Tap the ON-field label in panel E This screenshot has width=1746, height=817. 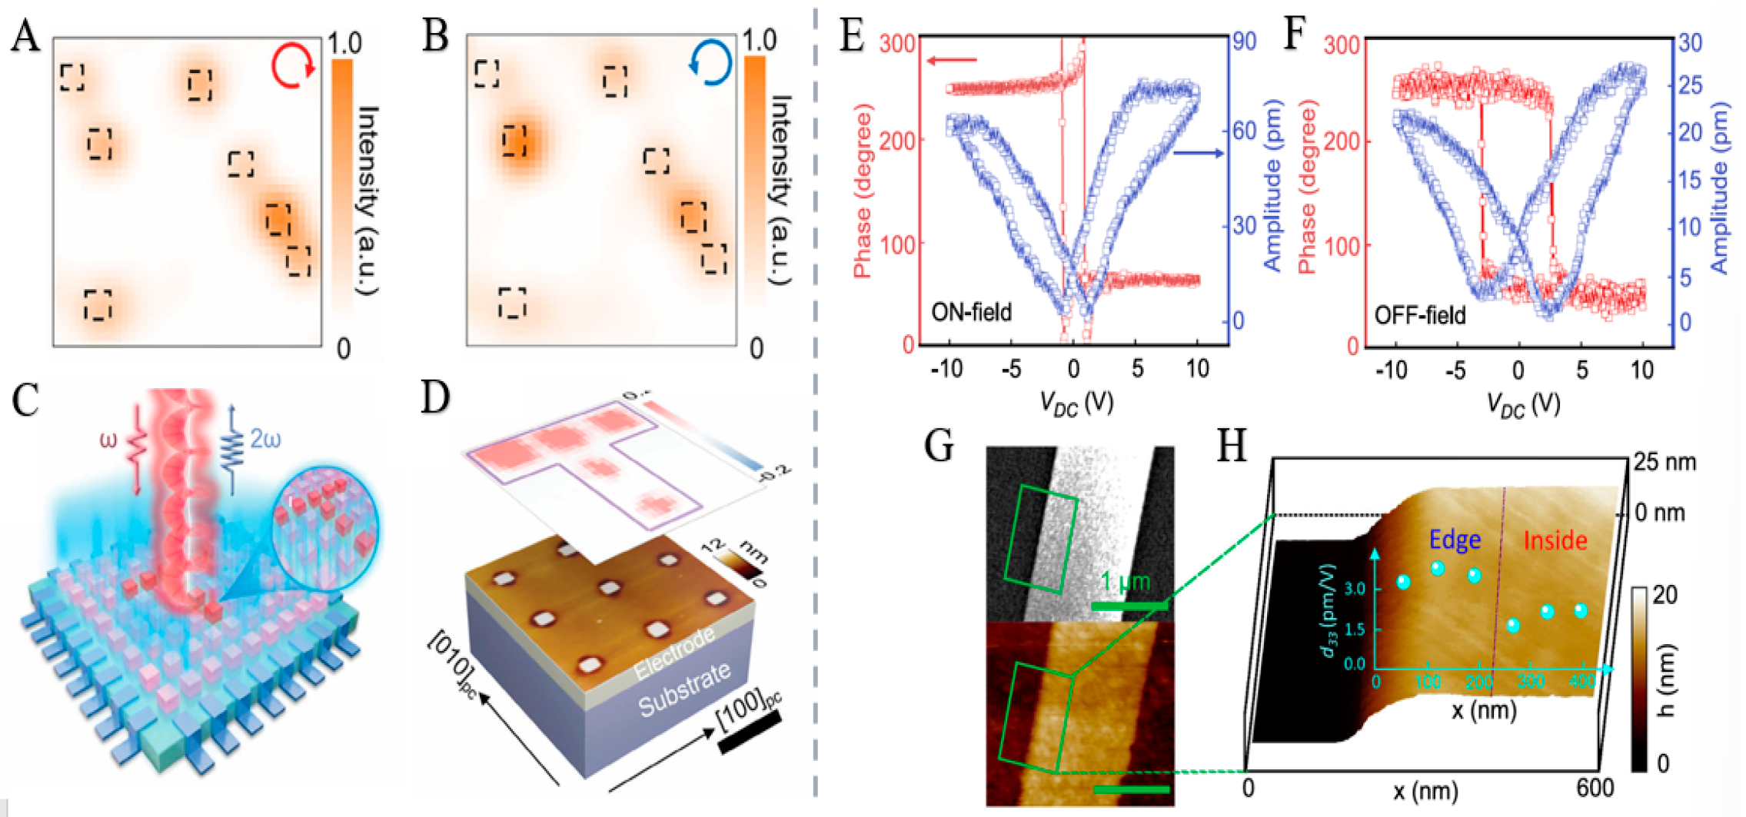point(971,312)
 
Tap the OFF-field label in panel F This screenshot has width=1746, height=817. point(1419,315)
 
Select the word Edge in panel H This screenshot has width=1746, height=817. point(1455,540)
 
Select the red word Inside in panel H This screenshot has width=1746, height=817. point(1555,540)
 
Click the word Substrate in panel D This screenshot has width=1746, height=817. point(684,689)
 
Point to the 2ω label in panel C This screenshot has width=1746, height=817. point(265,440)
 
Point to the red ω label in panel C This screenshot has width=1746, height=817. point(108,441)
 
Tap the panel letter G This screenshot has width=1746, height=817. point(939,445)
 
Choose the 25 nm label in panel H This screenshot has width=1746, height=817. point(1665,462)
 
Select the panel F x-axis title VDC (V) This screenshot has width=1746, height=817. point(1522,403)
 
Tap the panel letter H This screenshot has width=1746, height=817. point(1232,445)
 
